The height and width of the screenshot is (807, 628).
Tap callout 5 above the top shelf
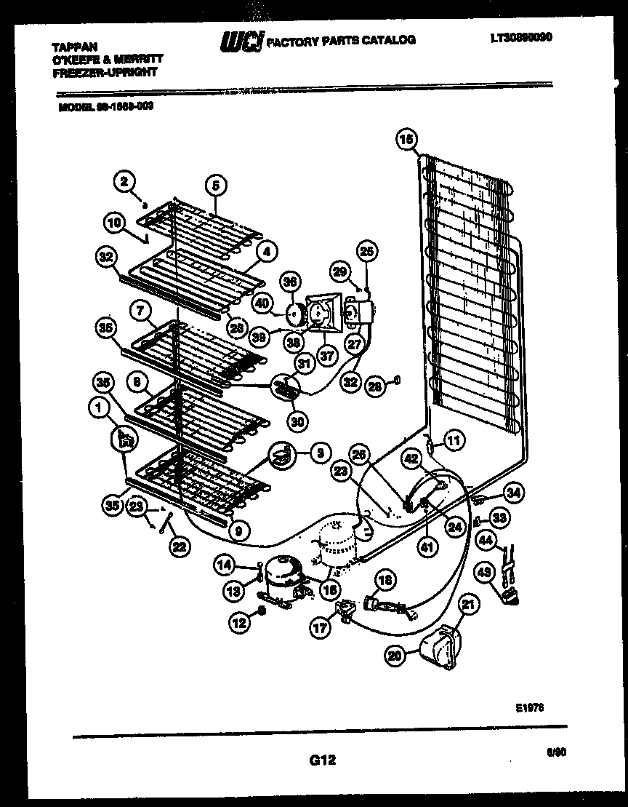click(215, 186)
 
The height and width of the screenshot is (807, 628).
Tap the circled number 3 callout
click(318, 452)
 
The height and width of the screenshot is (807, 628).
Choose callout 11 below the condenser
click(454, 440)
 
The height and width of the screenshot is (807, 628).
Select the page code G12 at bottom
click(322, 760)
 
